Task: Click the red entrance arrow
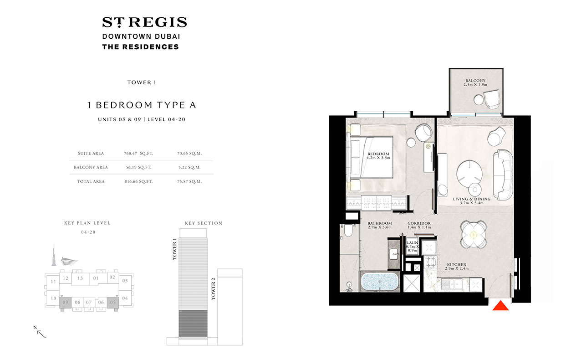501,306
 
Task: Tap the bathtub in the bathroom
379,283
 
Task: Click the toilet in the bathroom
347,231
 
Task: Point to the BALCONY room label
476,81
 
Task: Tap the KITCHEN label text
456,264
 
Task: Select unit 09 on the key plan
66,302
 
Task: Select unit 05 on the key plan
113,302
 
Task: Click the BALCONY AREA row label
91,167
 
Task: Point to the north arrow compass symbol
41,332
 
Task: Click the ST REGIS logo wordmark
144,22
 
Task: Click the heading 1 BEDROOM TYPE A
142,105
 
